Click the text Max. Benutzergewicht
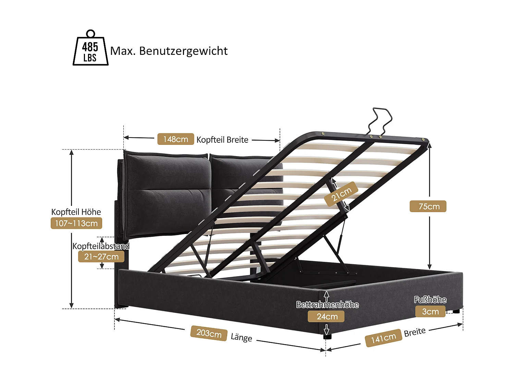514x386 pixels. coord(169,51)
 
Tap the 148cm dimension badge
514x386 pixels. coord(175,139)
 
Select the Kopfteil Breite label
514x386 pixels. coord(222,140)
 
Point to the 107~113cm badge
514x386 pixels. coord(76,223)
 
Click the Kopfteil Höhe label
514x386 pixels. coord(76,212)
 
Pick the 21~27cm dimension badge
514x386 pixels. coord(101,257)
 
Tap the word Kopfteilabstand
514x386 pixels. coord(101,246)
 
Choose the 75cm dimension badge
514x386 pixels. coord(428,207)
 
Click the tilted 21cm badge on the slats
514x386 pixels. coord(341,194)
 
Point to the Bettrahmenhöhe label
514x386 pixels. coord(327,305)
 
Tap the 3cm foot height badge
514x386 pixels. coord(430,312)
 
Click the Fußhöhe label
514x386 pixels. coord(430,300)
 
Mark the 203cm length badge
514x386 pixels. coord(209,333)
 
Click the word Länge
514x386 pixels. coord(241,337)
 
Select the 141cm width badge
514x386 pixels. coord(383,338)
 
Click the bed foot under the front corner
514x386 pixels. coord(327,337)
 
